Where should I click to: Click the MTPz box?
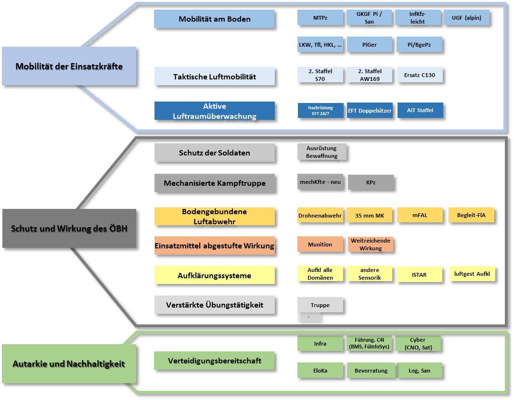click(320, 18)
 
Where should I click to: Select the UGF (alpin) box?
click(466, 18)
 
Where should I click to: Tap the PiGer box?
click(369, 45)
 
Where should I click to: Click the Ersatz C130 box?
click(418, 75)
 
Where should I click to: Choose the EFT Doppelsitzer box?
click(369, 111)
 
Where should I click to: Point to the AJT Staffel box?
click(419, 110)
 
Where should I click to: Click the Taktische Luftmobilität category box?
click(215, 77)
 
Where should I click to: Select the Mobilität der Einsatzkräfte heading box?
click(69, 66)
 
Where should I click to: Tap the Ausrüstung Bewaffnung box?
click(321, 152)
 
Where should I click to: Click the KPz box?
click(370, 183)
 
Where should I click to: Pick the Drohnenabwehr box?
click(320, 216)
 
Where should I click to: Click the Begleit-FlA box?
click(471, 215)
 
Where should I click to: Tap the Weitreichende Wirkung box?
click(370, 245)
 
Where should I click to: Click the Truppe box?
click(320, 305)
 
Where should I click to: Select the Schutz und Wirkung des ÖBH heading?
click(69, 228)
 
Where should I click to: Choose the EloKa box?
click(320, 371)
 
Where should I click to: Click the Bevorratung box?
click(369, 371)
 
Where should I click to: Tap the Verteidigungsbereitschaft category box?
click(215, 361)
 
